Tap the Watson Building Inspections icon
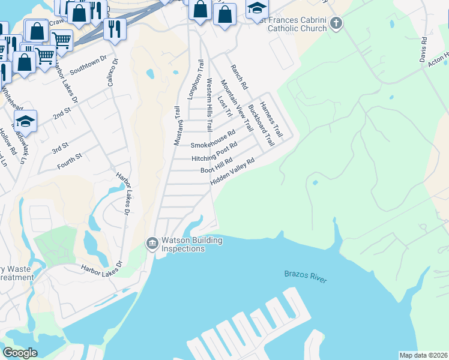click(x=152, y=243)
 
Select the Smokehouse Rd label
click(x=212, y=141)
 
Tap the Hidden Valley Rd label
click(x=232, y=169)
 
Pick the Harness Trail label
click(x=271, y=118)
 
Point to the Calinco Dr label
click(x=112, y=73)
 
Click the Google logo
click(x=20, y=353)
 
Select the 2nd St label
click(x=61, y=112)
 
